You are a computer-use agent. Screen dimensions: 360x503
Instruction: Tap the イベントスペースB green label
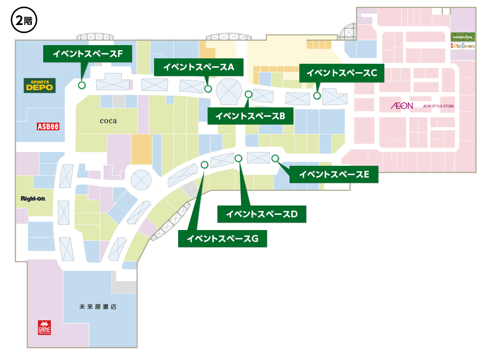[x=250, y=116]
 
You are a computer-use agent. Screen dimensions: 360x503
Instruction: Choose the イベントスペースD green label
[x=262, y=214]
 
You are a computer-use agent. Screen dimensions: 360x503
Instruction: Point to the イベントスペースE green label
[x=334, y=174]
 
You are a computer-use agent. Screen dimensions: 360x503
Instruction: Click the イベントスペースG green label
[x=222, y=238]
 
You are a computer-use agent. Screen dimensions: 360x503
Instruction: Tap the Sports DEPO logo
[x=40, y=85]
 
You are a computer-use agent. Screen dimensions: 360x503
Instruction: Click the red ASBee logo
[x=48, y=127]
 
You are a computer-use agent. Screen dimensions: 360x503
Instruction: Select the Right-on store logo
[x=33, y=199]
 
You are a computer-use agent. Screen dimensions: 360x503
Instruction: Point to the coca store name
[x=108, y=121]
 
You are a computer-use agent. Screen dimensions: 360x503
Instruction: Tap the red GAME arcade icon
[x=45, y=328]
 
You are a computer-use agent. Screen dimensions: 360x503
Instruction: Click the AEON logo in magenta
[x=402, y=105]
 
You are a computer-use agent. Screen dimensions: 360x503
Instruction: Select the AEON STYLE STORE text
[x=435, y=106]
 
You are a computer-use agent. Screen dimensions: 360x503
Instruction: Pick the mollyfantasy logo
[x=463, y=37]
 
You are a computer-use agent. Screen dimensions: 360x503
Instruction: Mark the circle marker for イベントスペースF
[x=81, y=85]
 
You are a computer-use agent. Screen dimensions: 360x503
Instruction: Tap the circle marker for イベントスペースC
[x=318, y=96]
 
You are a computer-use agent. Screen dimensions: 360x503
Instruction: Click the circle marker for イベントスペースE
[x=275, y=158]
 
